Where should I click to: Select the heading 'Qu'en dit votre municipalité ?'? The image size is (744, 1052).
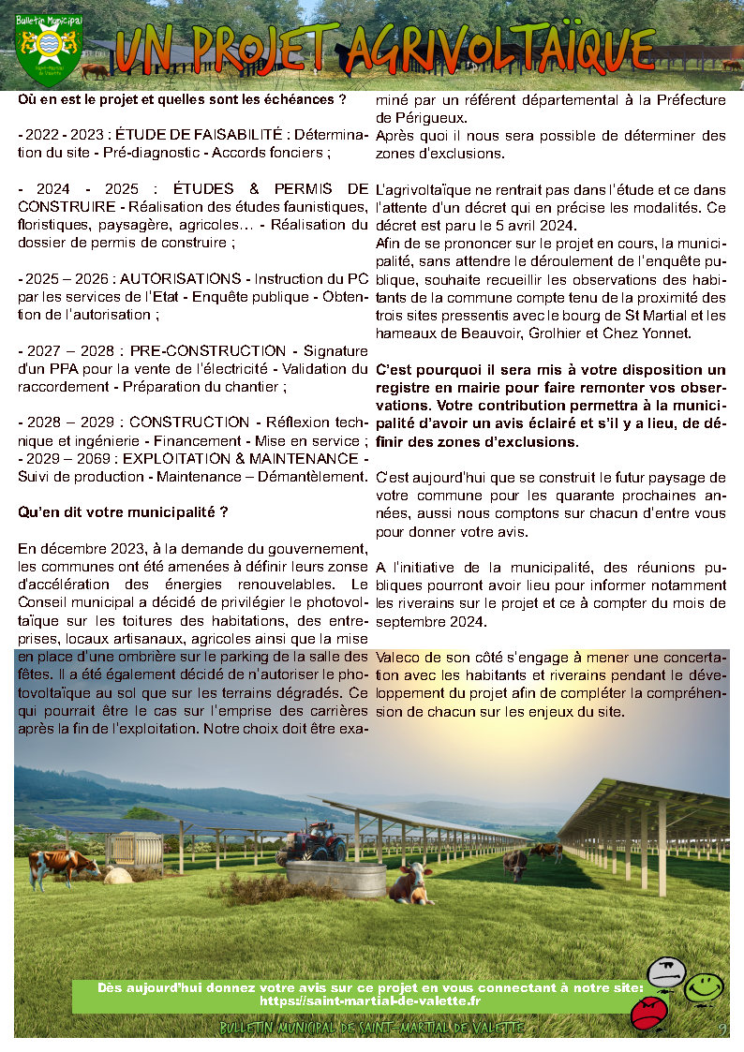click(x=123, y=512)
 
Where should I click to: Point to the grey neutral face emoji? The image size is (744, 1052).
click(x=666, y=972)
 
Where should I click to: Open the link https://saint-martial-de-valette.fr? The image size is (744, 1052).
click(x=370, y=1000)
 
